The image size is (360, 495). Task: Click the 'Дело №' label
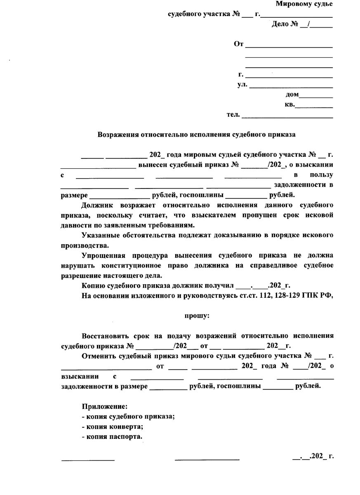[x=285, y=24]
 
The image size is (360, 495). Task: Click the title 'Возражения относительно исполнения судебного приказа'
[x=197, y=134]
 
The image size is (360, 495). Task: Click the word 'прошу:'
[x=197, y=316]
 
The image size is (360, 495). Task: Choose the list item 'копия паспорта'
[x=114, y=436]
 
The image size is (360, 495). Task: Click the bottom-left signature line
[x=88, y=459]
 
